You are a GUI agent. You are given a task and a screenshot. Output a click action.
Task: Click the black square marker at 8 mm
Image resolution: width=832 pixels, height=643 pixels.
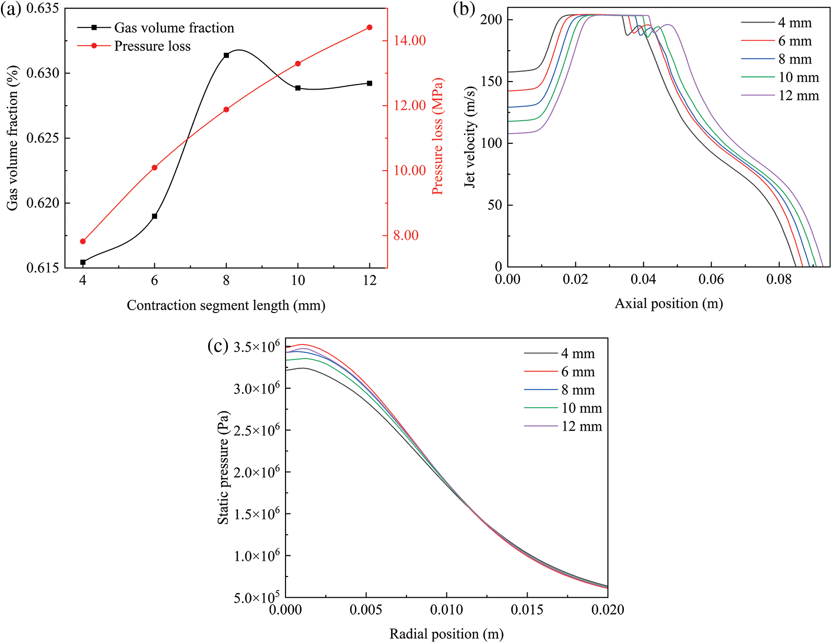226,55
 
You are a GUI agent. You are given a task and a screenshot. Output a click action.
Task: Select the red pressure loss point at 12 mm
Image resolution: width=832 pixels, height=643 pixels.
370,27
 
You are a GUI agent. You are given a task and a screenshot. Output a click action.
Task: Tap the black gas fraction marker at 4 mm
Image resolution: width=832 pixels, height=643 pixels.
83,262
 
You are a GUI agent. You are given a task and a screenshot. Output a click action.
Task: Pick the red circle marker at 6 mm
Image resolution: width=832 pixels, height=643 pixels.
154,167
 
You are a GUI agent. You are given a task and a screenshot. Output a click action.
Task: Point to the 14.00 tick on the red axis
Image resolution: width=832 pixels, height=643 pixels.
410,41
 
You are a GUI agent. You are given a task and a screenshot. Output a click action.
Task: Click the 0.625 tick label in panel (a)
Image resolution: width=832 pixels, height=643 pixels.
42,138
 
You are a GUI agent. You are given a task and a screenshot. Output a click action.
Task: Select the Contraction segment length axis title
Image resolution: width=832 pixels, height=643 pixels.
226,305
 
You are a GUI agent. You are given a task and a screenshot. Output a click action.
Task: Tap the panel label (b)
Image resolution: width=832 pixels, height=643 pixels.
464,9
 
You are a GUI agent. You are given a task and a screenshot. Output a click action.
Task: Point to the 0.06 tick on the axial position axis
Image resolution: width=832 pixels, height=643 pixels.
711,280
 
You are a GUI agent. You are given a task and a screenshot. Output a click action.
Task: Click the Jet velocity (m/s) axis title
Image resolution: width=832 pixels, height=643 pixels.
470,137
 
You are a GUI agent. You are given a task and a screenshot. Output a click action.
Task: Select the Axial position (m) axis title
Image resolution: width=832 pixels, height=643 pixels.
669,304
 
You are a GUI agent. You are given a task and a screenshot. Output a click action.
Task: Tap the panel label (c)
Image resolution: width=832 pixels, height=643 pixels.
218,346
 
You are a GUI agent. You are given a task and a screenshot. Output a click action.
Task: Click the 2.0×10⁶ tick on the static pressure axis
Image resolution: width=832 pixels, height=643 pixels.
257,472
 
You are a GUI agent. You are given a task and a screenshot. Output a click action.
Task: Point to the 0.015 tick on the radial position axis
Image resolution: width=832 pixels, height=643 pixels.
527,610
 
